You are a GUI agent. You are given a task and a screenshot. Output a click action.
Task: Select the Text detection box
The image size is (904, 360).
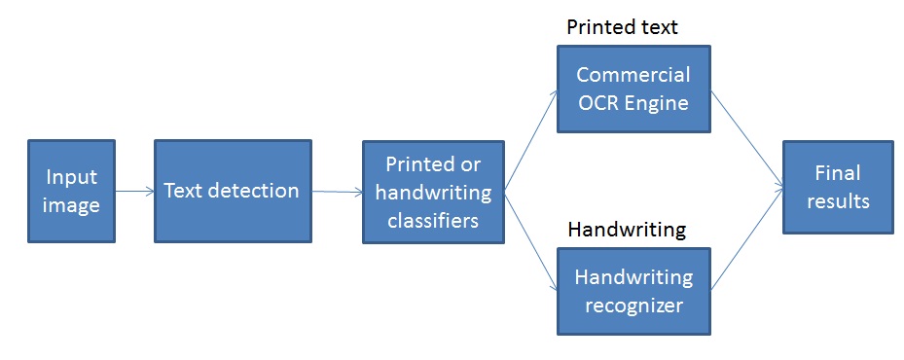point(232,191)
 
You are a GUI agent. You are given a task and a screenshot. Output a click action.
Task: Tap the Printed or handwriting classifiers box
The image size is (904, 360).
point(433,192)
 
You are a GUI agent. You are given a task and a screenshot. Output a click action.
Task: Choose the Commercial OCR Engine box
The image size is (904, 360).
point(633,88)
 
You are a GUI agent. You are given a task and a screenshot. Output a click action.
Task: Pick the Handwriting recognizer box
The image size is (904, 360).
point(633,290)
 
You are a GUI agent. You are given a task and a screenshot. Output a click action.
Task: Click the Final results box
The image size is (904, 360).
point(838,188)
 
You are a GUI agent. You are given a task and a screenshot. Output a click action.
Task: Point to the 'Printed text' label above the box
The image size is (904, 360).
point(622,26)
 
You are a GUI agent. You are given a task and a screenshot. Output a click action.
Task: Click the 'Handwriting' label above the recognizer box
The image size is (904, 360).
point(627,230)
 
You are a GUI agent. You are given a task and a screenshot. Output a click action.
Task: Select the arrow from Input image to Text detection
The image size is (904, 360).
point(133,192)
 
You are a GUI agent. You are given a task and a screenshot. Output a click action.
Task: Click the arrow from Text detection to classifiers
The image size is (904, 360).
point(336,193)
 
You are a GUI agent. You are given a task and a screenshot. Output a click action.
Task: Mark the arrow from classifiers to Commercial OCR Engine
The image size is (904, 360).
point(530,141)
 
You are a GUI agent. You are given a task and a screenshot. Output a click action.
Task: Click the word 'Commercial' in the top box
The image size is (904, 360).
point(633,75)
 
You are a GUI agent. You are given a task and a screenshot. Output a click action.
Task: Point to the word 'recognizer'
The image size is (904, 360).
point(633,304)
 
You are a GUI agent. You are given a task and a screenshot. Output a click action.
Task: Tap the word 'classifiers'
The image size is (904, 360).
point(433,220)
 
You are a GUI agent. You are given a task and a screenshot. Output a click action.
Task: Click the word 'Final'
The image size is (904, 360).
point(838,174)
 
